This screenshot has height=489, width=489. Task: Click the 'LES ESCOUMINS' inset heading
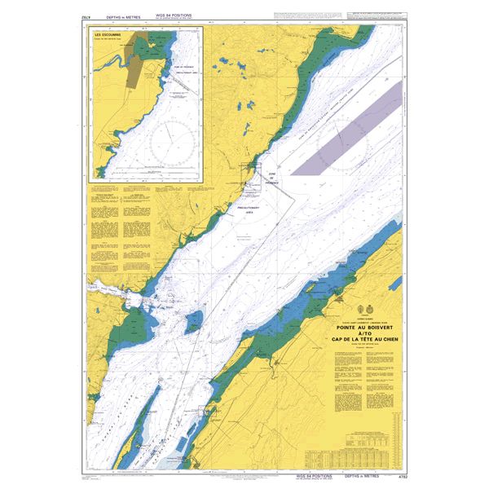pos(109,36)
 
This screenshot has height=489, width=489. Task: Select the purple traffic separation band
pos(346,126)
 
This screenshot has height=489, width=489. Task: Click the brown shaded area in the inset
pos(133,73)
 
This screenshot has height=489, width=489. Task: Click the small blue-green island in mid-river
pos(193,322)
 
